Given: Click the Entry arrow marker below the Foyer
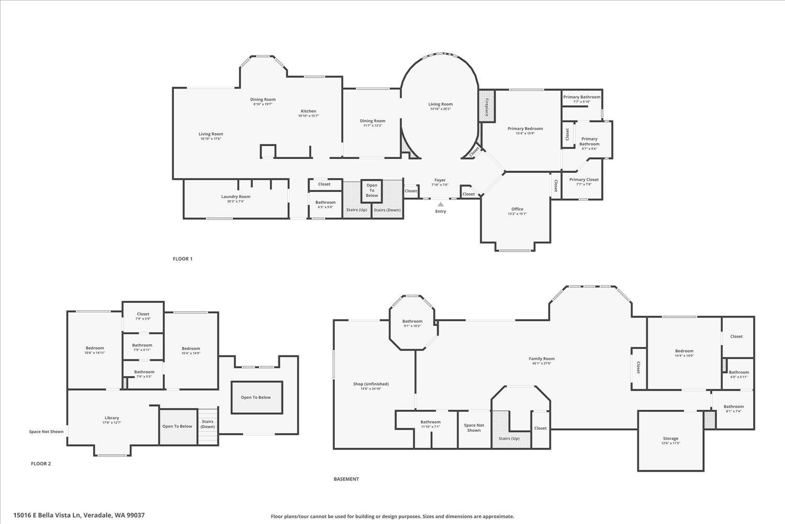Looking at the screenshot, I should coord(441,204).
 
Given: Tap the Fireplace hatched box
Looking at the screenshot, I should coord(487,106).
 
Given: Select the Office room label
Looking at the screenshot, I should coord(517,209).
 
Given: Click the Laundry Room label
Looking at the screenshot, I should coord(235,196).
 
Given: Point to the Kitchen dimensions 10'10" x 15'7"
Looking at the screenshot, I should coord(308,116).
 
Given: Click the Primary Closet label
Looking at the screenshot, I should coord(584,179).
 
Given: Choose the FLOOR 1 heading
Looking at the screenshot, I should coord(183,259).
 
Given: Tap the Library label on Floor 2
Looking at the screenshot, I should coord(111,418).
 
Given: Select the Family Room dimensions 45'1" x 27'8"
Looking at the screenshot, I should coord(541,363).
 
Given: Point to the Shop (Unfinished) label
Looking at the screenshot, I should coord(371,384).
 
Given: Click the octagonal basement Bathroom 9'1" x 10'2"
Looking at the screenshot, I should coord(412,323).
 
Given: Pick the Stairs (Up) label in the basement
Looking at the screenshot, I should coord(509,438).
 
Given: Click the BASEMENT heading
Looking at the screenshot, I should coord(346,479).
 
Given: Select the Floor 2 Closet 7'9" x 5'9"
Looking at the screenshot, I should coord(143,316).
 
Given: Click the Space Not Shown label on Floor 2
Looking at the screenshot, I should coord(46,432).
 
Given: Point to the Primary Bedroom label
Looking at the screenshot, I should coord(525,128).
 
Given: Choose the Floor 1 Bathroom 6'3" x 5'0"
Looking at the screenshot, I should coord(325,204).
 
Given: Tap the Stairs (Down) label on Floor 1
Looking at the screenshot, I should coord(387,210).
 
